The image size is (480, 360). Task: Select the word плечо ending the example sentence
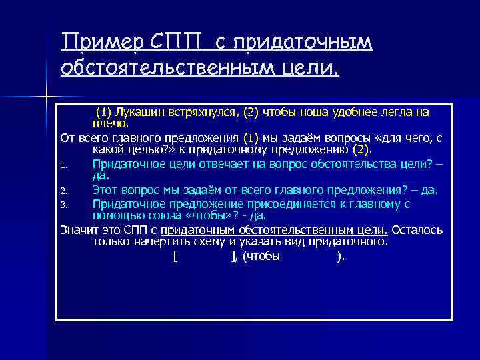pos(109,122)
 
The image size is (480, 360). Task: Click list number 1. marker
pos(63,164)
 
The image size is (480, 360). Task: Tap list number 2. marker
pos(63,191)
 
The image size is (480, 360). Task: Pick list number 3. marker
pos(63,205)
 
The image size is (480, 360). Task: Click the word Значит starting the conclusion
pos(77,230)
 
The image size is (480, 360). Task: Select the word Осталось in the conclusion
pos(417,230)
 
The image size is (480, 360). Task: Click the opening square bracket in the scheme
pos(174,257)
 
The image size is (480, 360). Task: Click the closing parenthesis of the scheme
pos(341,257)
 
